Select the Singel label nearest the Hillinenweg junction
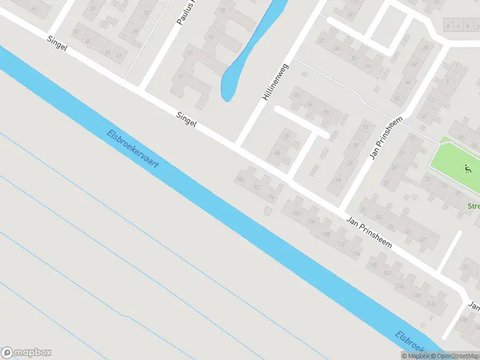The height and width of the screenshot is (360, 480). (187, 119)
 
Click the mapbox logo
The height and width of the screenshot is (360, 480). (26, 353)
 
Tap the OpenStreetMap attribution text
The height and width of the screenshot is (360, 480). (458, 356)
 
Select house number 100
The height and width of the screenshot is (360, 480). (295, 214)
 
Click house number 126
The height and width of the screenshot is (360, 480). (400, 286)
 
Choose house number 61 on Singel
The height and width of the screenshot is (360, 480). (120, 56)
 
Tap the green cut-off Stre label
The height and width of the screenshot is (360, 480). (473, 206)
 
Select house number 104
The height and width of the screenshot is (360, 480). (310, 222)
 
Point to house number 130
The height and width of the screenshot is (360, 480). (416, 295)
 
